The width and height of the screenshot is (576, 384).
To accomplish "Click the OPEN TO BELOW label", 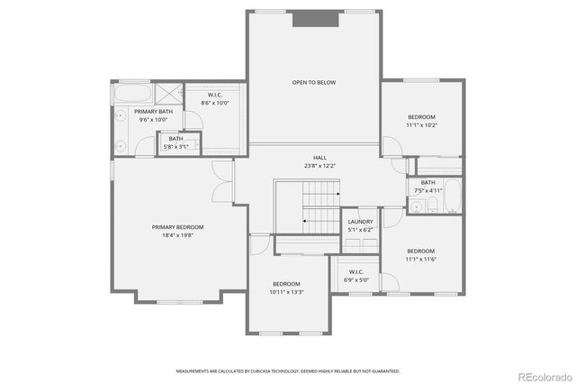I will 313,83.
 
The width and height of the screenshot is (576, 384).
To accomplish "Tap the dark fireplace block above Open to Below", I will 313,18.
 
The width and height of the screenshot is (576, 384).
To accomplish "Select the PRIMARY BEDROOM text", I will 177,227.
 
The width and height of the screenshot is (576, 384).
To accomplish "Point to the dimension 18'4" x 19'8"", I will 177,235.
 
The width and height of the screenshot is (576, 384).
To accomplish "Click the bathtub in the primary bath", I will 132,93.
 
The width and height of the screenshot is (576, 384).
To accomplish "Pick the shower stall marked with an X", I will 167,93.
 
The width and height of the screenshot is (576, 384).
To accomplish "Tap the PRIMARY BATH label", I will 153,112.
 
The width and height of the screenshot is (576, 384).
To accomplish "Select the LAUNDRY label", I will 360,221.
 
